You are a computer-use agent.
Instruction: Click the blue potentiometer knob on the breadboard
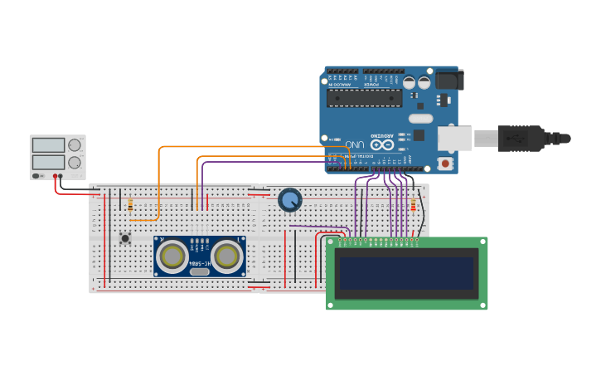[x=290, y=200]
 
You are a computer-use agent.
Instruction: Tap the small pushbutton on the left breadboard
[x=125, y=238]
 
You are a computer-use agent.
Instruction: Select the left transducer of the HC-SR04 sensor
[x=172, y=256]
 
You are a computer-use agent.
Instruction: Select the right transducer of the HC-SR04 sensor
[x=225, y=256]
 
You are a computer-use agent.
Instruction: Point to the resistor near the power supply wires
[x=130, y=205]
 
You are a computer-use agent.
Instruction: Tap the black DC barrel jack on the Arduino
[x=448, y=81]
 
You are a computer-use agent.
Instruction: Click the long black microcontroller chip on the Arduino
[x=364, y=98]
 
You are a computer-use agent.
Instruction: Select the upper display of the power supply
[x=48, y=145]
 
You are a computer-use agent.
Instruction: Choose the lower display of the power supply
[x=48, y=162]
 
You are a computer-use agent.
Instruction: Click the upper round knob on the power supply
[x=75, y=145]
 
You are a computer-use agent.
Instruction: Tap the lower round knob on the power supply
[x=75, y=163]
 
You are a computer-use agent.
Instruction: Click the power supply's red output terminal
[x=56, y=176]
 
